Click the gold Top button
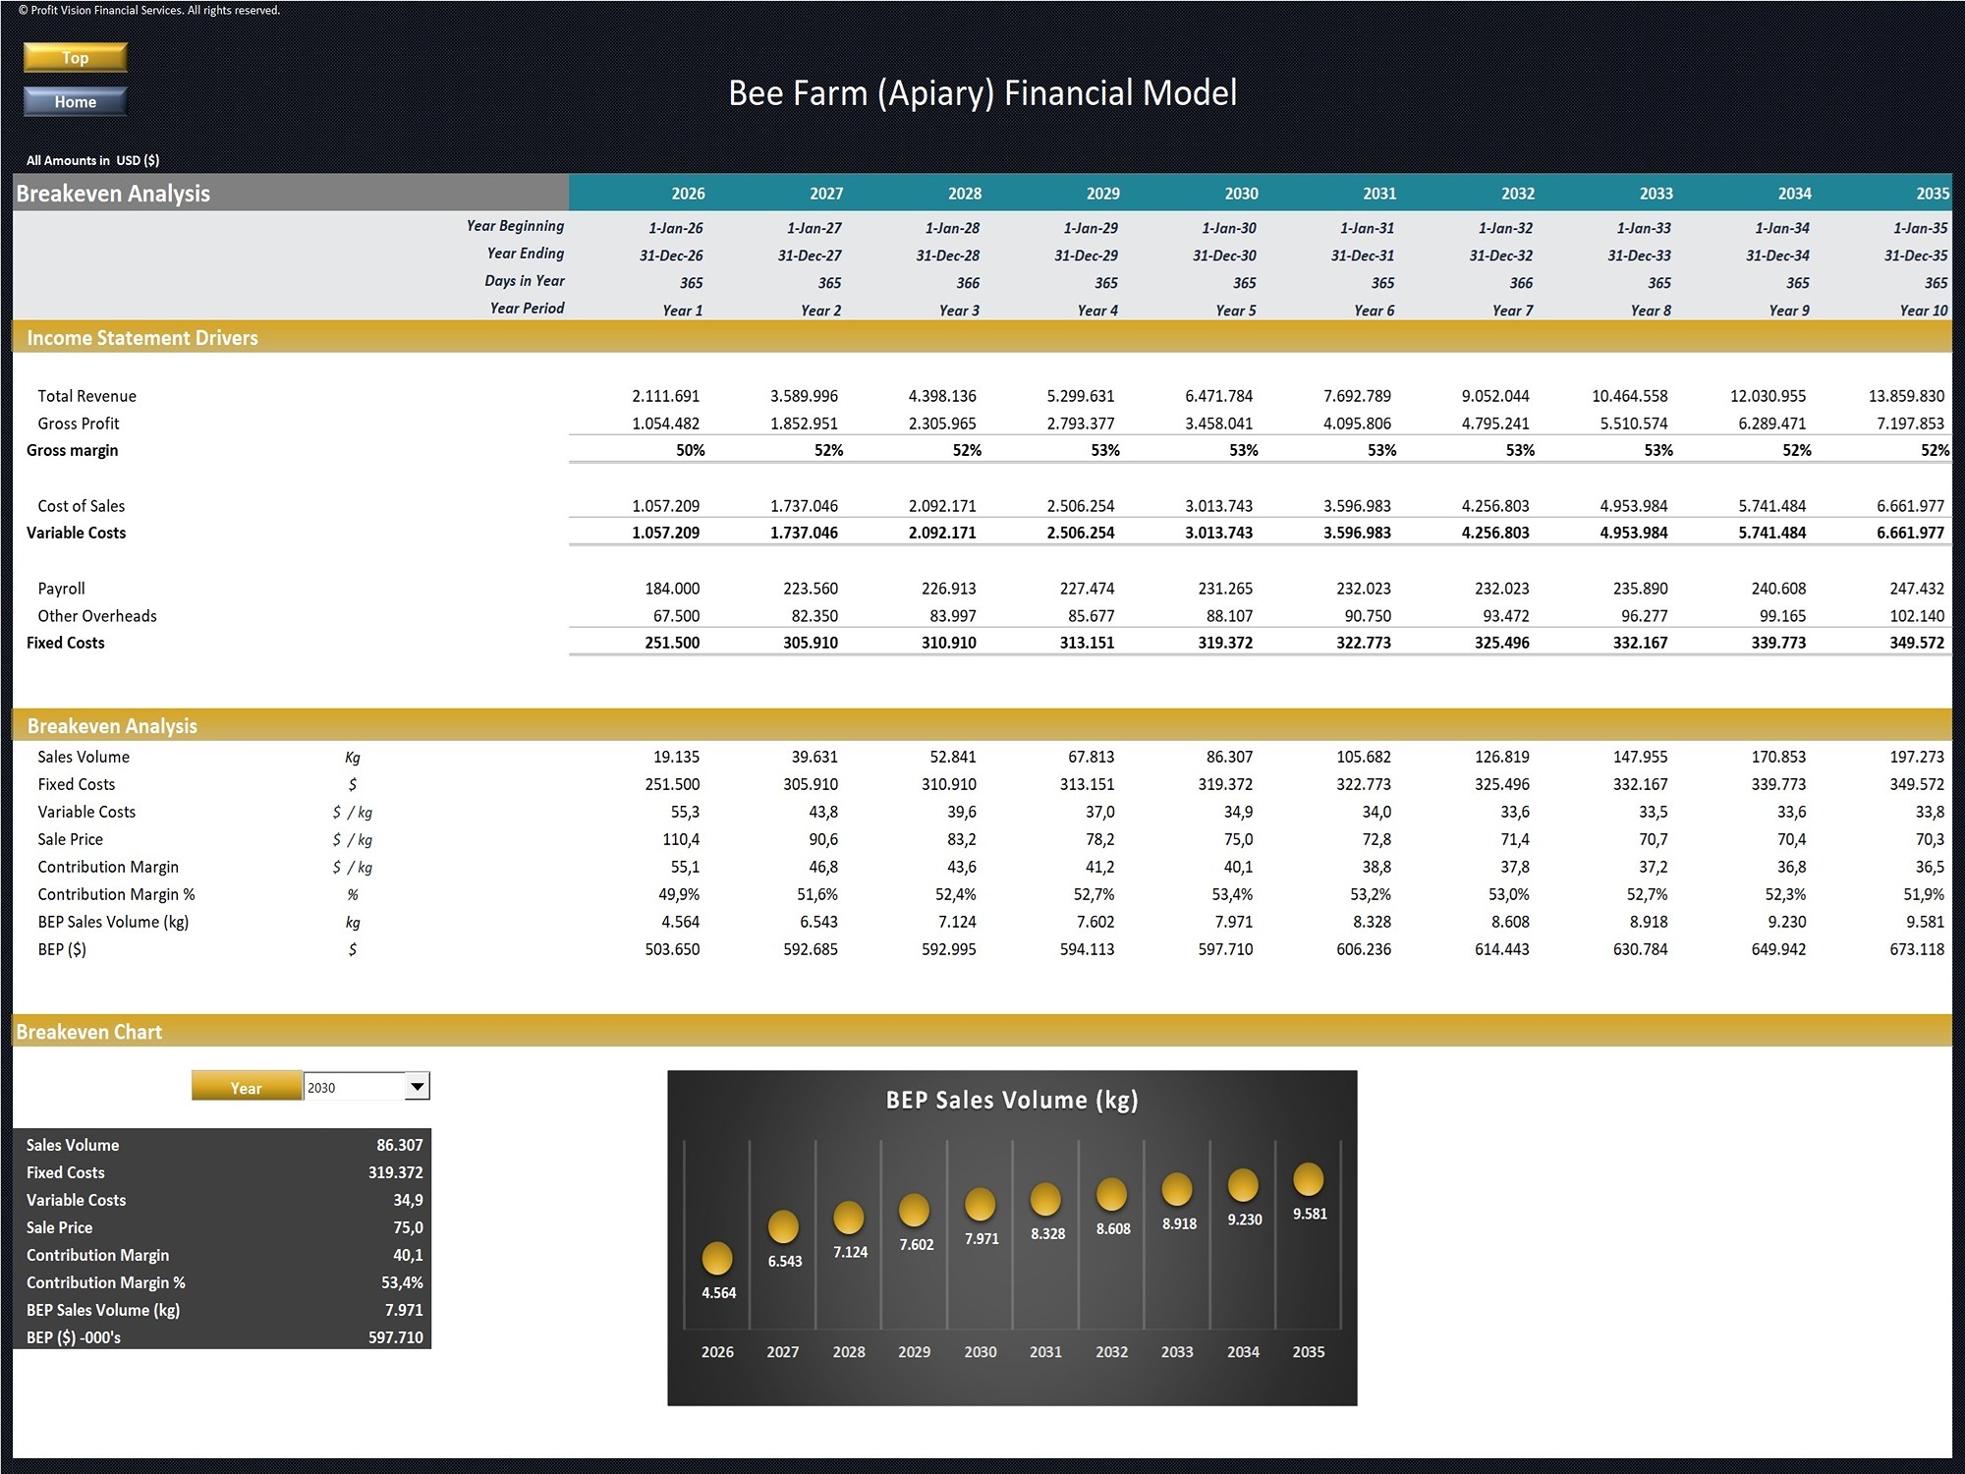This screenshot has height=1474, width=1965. (76, 58)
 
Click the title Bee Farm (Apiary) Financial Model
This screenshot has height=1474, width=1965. (982, 93)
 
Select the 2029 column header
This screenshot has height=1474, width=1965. (1102, 194)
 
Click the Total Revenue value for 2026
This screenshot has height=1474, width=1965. (665, 396)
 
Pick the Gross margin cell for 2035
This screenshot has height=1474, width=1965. (1935, 450)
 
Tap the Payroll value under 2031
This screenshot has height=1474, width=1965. (1363, 589)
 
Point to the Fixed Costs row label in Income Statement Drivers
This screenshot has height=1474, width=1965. (65, 643)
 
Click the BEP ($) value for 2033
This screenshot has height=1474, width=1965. (1640, 949)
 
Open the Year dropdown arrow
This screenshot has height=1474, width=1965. (418, 1087)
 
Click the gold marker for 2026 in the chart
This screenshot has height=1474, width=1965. (717, 1258)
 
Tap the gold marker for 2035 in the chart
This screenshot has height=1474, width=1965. (1309, 1178)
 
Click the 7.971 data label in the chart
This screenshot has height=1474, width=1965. (982, 1238)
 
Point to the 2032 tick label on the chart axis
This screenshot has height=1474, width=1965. (1111, 1352)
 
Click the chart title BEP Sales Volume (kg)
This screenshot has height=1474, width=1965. (1012, 1101)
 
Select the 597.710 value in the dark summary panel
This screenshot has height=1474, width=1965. (395, 1337)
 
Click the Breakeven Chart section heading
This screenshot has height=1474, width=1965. (89, 1032)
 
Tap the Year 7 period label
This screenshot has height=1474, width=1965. (1512, 311)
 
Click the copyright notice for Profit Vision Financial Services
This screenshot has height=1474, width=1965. (149, 10)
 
